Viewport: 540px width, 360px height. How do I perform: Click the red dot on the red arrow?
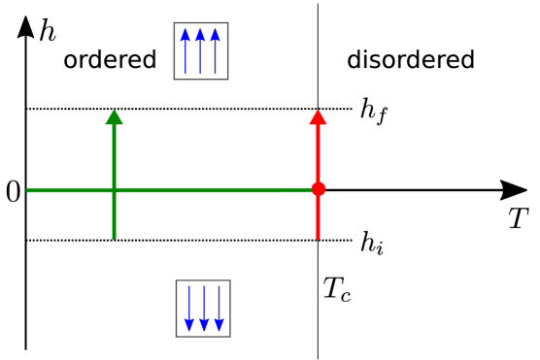pyautogui.click(x=318, y=189)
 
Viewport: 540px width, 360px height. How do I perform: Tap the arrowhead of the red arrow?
pyautogui.click(x=318, y=117)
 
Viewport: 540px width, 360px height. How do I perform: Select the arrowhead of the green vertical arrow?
pyautogui.click(x=115, y=117)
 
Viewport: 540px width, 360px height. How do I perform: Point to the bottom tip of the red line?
pyautogui.click(x=318, y=238)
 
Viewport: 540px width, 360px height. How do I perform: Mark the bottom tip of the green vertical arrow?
pyautogui.click(x=115, y=238)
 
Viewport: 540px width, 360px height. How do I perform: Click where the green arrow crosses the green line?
pyautogui.click(x=115, y=190)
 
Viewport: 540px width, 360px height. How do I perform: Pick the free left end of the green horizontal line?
pyautogui.click(x=28, y=190)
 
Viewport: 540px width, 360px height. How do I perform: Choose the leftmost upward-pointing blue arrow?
pyautogui.click(x=186, y=53)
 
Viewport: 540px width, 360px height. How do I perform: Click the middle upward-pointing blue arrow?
pyautogui.click(x=200, y=53)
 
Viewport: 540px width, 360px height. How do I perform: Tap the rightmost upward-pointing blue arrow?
pyautogui.click(x=215, y=53)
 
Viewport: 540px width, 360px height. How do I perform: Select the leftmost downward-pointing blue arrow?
pyautogui.click(x=189, y=307)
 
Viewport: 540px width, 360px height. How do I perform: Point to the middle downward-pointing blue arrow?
pyautogui.click(x=204, y=307)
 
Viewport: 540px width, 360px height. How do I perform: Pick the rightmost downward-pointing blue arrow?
pyautogui.click(x=219, y=307)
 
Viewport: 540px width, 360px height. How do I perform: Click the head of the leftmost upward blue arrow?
pyautogui.click(x=186, y=35)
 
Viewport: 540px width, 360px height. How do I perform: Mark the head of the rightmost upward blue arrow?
pyautogui.click(x=215, y=35)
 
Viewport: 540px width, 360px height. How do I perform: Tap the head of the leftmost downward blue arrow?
pyautogui.click(x=189, y=325)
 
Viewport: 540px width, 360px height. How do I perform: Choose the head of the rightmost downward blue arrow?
pyautogui.click(x=219, y=325)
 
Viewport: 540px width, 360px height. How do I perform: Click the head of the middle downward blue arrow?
pyautogui.click(x=204, y=325)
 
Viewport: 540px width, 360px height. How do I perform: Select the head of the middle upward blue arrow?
pyautogui.click(x=200, y=35)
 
